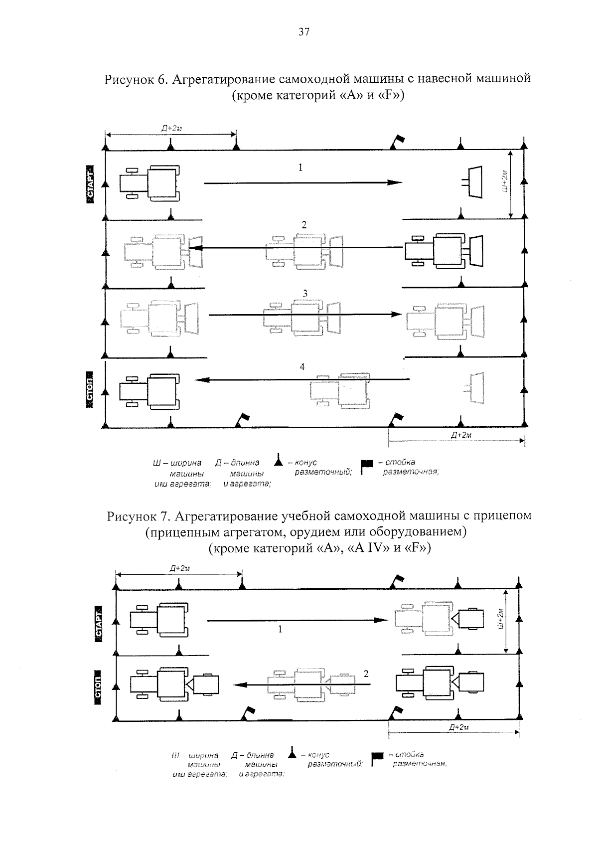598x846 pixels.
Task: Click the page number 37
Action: (x=303, y=33)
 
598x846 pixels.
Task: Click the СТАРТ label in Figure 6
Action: (x=90, y=184)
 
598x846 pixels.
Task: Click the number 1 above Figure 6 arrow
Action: (x=300, y=168)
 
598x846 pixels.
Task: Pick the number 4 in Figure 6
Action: (x=302, y=367)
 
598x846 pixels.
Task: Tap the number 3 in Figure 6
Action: (x=305, y=294)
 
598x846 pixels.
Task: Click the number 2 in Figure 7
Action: (x=366, y=674)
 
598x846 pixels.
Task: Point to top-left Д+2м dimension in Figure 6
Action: (x=170, y=128)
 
